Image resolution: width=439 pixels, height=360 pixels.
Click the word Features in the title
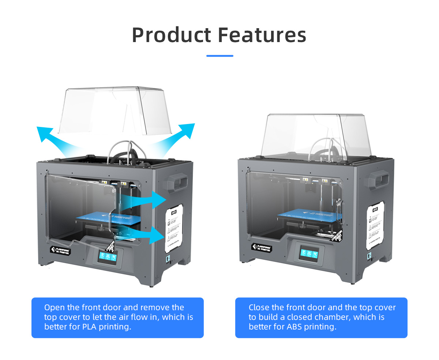(262, 35)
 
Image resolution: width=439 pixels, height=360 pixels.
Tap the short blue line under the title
(219, 56)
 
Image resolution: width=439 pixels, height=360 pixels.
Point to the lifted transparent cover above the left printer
(115, 110)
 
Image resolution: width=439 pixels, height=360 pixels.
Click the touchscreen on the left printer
(106, 258)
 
